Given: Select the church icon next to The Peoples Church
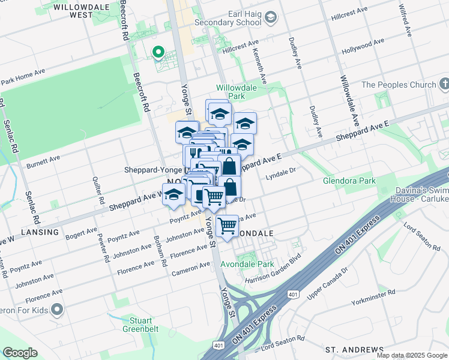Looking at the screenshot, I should tap(444, 85).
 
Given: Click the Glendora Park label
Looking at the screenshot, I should tap(349, 181).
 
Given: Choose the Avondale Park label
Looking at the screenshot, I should tap(247, 264).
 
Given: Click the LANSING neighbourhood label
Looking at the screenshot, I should tap(40, 232).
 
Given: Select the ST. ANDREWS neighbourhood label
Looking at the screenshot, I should tap(354, 349).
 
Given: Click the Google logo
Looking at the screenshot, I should tap(20, 353).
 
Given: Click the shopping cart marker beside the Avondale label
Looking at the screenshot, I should tap(227, 226).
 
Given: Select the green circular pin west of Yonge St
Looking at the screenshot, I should tap(158, 52).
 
